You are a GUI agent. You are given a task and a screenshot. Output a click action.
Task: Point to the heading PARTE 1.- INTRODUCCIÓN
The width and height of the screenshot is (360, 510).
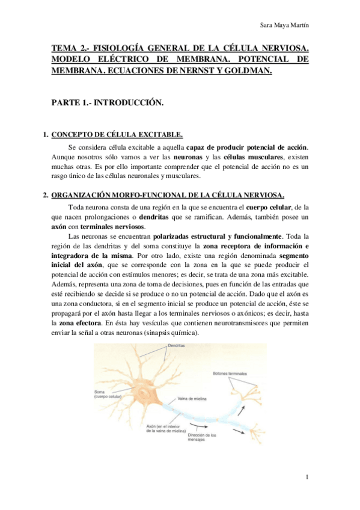pos(108,103)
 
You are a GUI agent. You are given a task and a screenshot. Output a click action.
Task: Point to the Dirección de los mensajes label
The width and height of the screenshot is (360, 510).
pos(201,438)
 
